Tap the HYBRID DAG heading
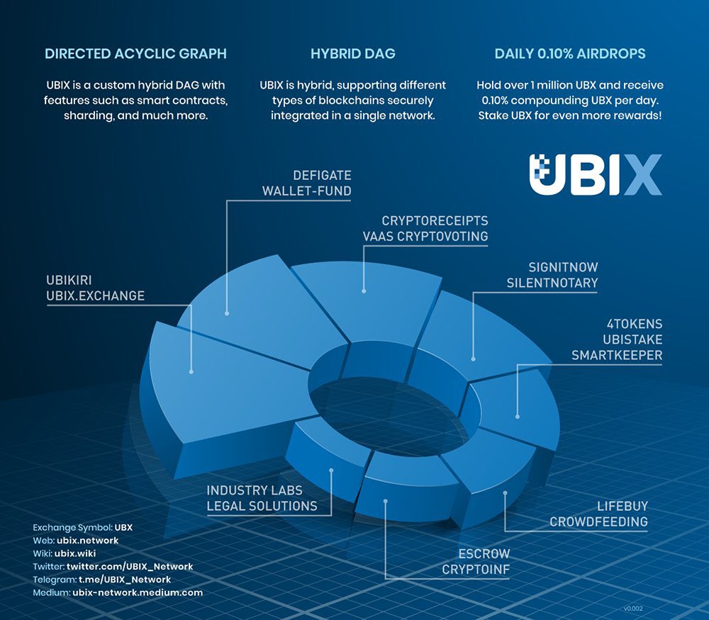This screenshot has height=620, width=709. click(x=353, y=54)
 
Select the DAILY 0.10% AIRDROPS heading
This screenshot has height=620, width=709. click(x=570, y=54)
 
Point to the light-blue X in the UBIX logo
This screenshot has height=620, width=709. click(x=642, y=175)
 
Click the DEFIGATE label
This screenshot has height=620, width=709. click(x=322, y=175)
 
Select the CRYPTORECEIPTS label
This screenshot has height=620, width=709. click(x=435, y=221)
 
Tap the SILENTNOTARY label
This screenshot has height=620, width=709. click(x=552, y=283)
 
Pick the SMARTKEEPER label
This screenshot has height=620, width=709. click(x=617, y=356)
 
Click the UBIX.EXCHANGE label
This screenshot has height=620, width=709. click(x=95, y=295)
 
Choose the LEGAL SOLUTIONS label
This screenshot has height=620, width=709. click(x=262, y=506)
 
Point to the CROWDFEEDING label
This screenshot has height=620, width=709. click(x=599, y=522)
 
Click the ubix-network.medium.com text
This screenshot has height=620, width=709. click(x=138, y=592)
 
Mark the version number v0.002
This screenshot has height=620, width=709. click(x=632, y=608)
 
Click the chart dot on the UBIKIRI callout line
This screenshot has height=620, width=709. click(x=191, y=371)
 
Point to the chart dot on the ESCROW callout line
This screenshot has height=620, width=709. click(x=385, y=501)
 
